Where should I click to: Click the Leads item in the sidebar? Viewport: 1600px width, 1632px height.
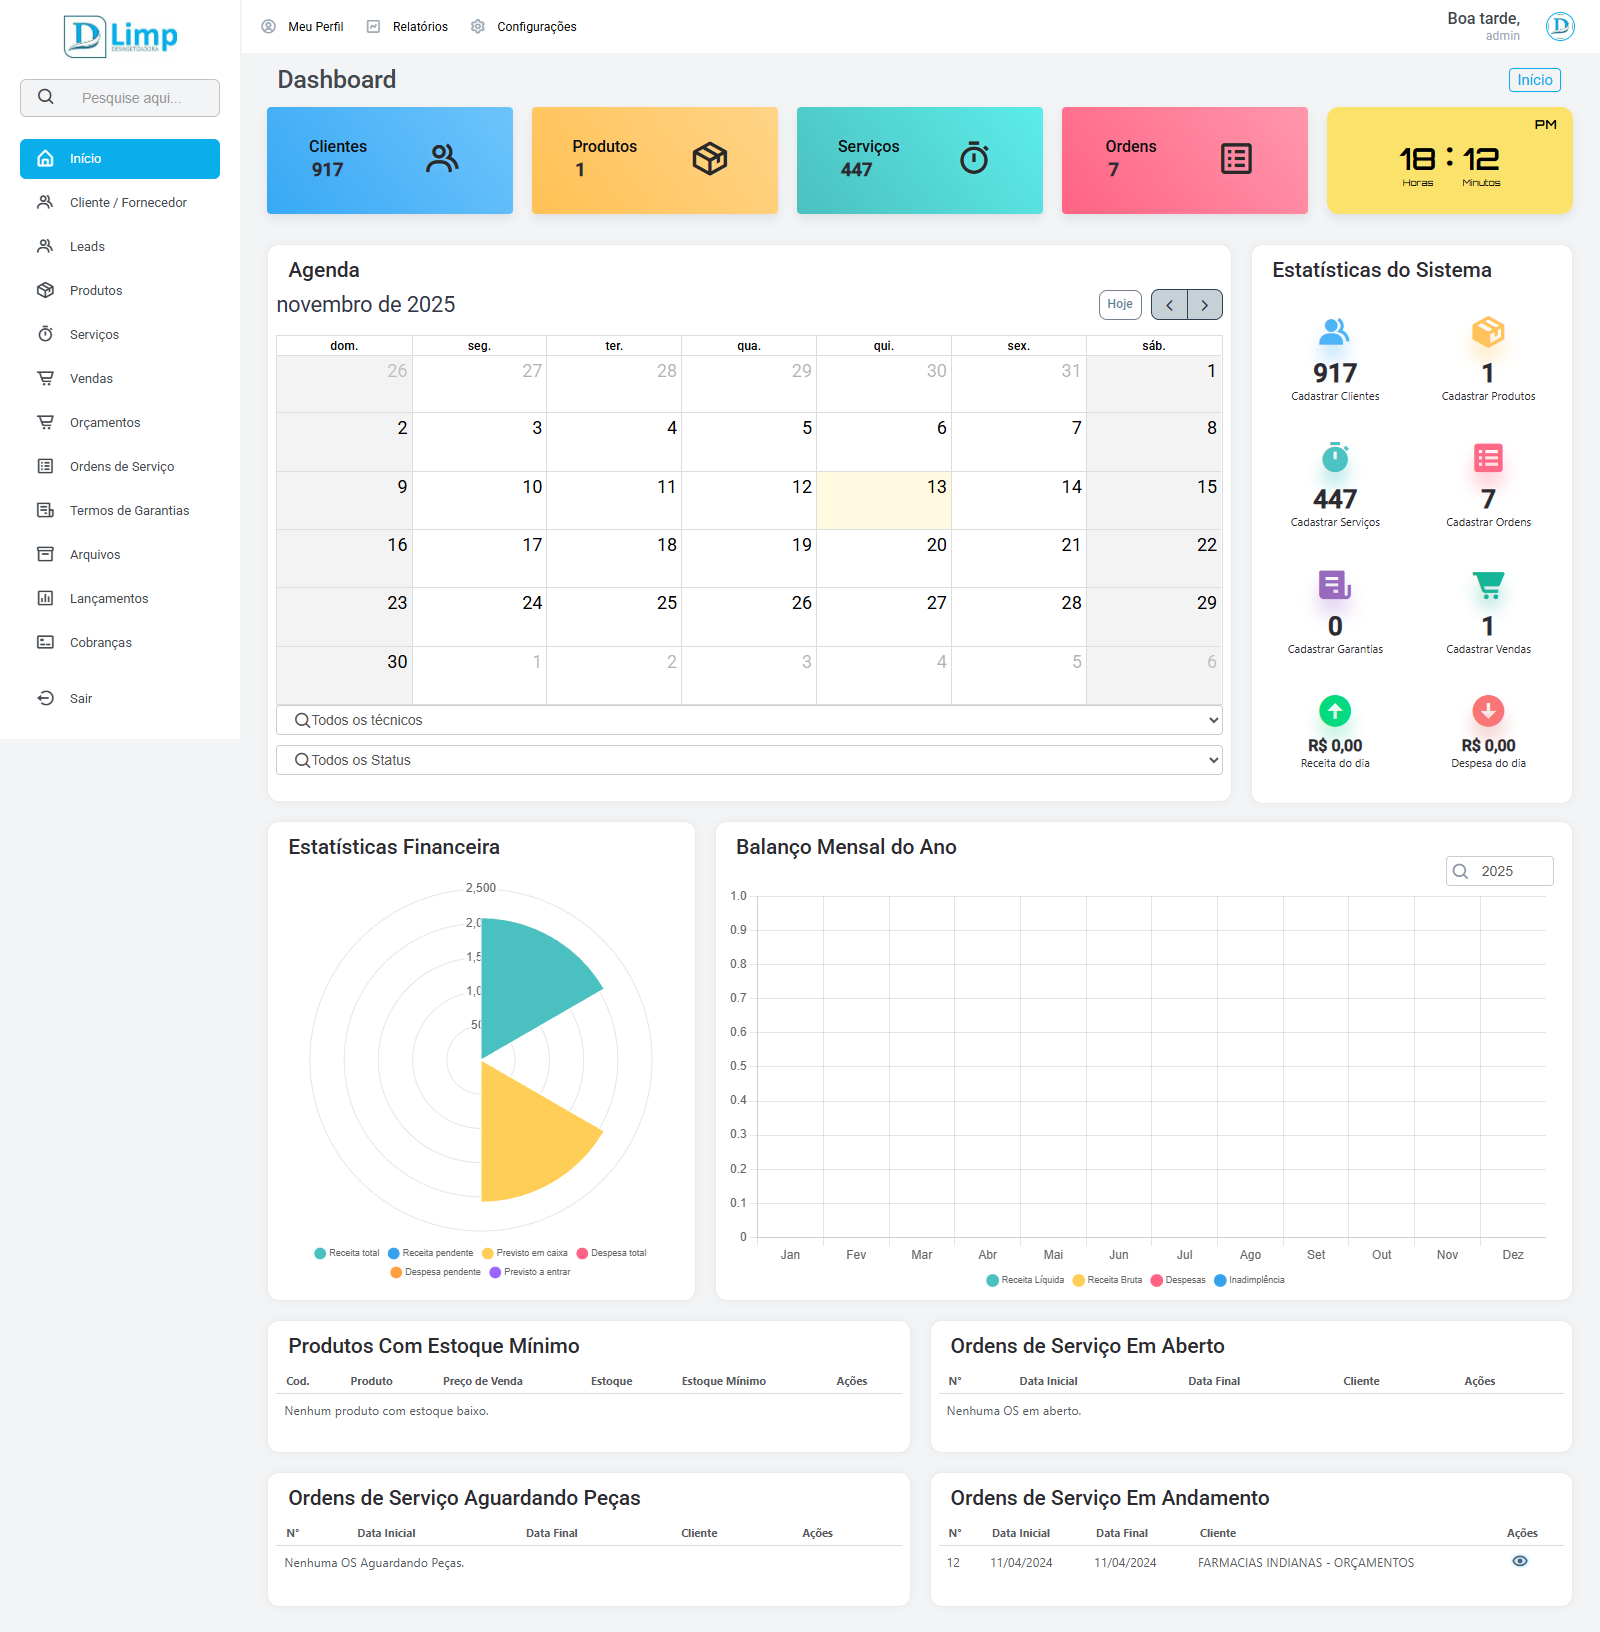coord(87,247)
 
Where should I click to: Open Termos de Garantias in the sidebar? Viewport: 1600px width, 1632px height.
coord(129,511)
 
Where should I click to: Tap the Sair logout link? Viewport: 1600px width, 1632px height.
coord(80,699)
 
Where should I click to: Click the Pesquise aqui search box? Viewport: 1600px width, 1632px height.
coord(130,98)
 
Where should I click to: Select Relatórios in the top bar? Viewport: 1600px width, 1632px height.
coord(419,27)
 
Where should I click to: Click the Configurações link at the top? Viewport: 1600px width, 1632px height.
coord(536,27)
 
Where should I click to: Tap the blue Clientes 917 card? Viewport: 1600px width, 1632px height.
coord(389,160)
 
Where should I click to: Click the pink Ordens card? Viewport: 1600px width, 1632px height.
coord(1184,160)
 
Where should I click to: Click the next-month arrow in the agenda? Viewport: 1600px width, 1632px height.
coord(1205,305)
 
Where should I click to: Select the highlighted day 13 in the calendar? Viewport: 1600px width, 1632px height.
coord(884,500)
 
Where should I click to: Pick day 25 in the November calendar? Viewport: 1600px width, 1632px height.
coord(614,616)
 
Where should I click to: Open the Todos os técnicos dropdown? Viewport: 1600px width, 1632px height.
coord(749,720)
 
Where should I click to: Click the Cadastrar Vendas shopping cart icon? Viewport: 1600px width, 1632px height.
coord(1488,585)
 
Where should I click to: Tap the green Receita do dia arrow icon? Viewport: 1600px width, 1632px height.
coord(1335,711)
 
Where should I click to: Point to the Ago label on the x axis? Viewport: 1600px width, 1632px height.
coord(1250,1255)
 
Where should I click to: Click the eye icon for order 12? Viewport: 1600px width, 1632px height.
coord(1520,1561)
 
